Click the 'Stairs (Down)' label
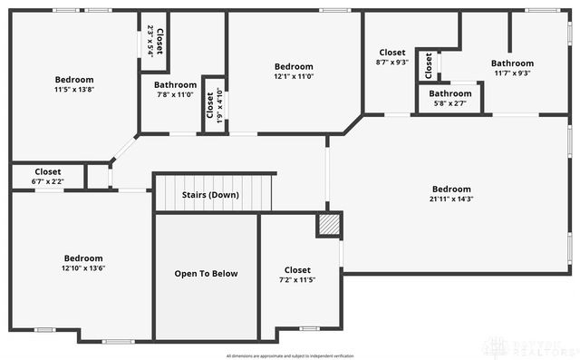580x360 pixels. coord(210,195)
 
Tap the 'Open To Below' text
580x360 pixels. coord(206,273)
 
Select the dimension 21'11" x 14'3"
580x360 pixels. coord(450,199)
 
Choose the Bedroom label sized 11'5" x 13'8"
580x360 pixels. coord(73,79)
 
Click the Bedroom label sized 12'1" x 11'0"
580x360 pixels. coord(294,66)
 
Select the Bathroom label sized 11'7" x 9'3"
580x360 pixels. coord(512,63)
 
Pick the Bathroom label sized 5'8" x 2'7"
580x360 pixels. coord(450,93)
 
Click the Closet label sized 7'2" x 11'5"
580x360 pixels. coord(297,270)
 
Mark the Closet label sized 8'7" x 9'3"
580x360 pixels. coord(392,53)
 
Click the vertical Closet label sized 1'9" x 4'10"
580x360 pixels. coord(209,105)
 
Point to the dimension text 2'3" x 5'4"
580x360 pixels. coord(150,41)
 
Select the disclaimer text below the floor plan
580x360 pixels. coord(290,355)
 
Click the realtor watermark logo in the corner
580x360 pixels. coord(530,346)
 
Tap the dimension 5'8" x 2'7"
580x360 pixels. coord(450,103)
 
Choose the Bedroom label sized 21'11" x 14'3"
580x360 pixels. coord(450,189)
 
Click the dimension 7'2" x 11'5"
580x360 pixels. coord(297,280)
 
